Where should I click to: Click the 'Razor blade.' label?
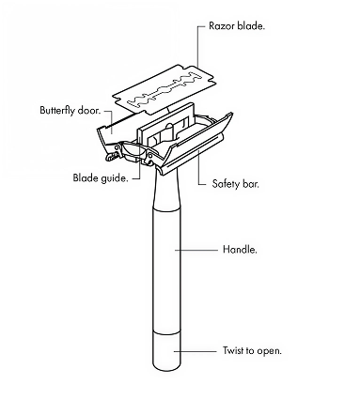237,25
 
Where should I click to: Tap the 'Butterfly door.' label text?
70,110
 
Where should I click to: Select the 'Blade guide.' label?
101,177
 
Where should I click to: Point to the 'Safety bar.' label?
236,183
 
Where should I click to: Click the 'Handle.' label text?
240,250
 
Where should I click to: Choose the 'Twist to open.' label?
252,350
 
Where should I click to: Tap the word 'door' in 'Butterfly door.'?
89,110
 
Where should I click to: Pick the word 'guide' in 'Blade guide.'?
115,178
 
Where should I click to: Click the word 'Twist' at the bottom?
233,350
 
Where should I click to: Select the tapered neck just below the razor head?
166,188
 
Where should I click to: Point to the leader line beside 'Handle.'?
196,250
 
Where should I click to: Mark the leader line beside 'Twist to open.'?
196,351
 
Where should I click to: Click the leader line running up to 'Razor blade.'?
198,46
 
